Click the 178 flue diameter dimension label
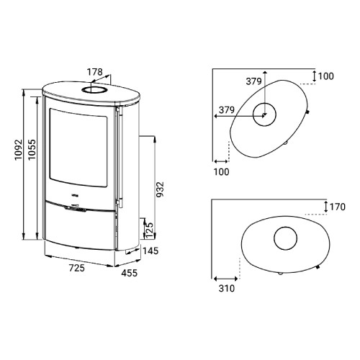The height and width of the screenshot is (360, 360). click(94, 72)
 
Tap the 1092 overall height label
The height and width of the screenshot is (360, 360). click(19, 150)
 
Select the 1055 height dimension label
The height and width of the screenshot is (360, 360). click(32, 149)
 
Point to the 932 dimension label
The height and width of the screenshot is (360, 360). click(160, 189)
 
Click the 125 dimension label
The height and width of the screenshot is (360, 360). click(149, 230)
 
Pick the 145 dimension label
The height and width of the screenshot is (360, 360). click(150, 251)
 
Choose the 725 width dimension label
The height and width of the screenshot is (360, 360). click(77, 268)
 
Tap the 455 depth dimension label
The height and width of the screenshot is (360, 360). click(129, 273)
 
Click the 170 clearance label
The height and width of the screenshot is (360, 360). click(338, 207)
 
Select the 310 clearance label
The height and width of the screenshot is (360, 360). click(227, 288)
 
